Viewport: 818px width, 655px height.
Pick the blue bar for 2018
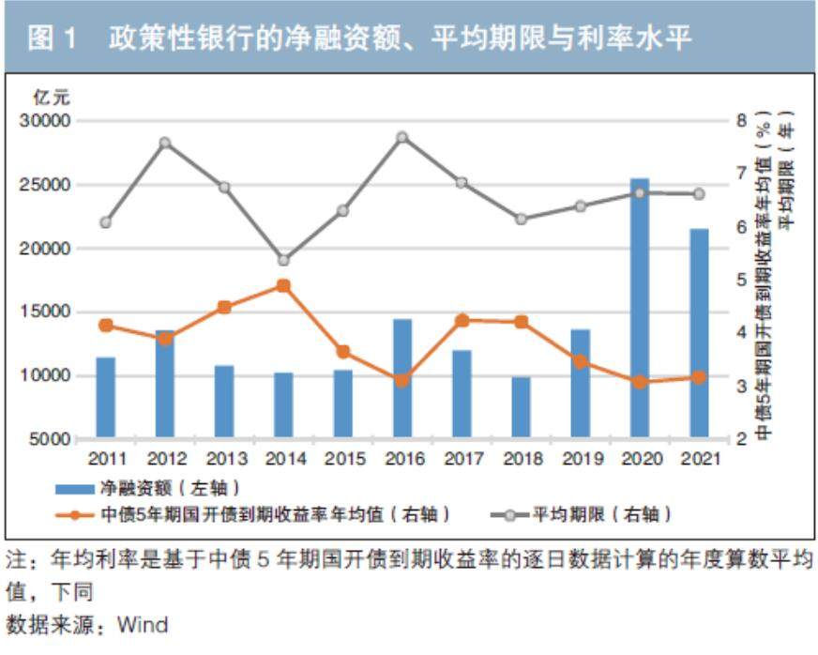point(521,407)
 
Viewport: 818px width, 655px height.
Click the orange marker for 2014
point(284,286)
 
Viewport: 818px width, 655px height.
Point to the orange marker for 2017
point(462,320)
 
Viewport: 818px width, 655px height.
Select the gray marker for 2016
point(402,137)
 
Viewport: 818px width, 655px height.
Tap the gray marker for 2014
point(284,260)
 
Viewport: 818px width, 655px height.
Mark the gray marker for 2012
point(165,143)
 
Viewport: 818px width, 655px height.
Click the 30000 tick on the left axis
point(46,121)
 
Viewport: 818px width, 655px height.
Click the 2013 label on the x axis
point(224,459)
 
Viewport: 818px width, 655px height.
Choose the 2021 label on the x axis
point(698,459)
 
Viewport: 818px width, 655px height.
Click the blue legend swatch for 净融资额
point(74,488)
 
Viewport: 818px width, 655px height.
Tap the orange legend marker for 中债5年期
point(74,514)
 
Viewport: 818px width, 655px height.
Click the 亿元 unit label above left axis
point(52,98)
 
